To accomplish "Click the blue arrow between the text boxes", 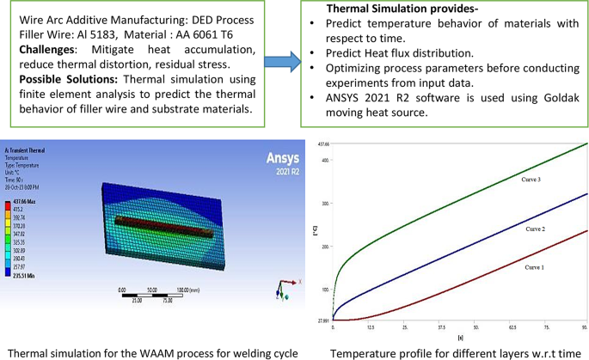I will click(x=282, y=62).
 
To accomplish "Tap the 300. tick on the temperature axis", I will click(x=325, y=203).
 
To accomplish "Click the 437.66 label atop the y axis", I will click(x=324, y=143).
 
